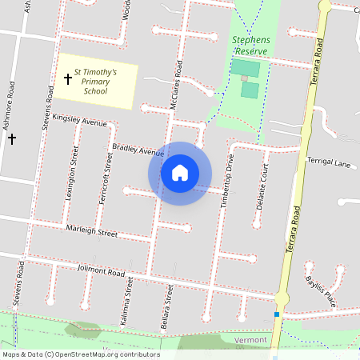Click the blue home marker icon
(x=180, y=173)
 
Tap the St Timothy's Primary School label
(x=95, y=82)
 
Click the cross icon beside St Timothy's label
(x=68, y=79)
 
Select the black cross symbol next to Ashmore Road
(x=12, y=139)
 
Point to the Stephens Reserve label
(x=252, y=45)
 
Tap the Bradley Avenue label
(x=138, y=150)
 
